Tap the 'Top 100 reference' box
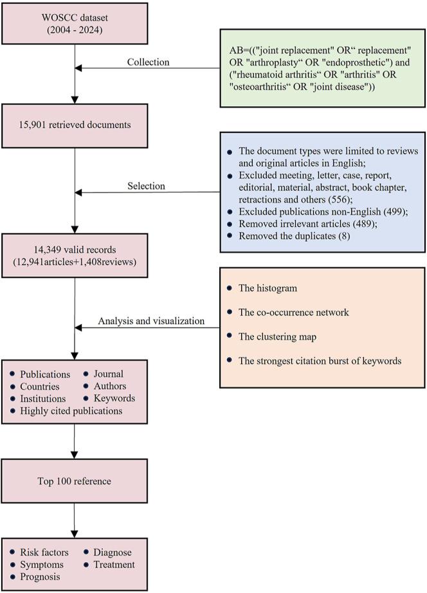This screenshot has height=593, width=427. [75, 481]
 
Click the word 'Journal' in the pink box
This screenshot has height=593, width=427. [108, 374]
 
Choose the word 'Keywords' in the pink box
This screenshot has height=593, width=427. [114, 398]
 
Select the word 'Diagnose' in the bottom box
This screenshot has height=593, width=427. [112, 552]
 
